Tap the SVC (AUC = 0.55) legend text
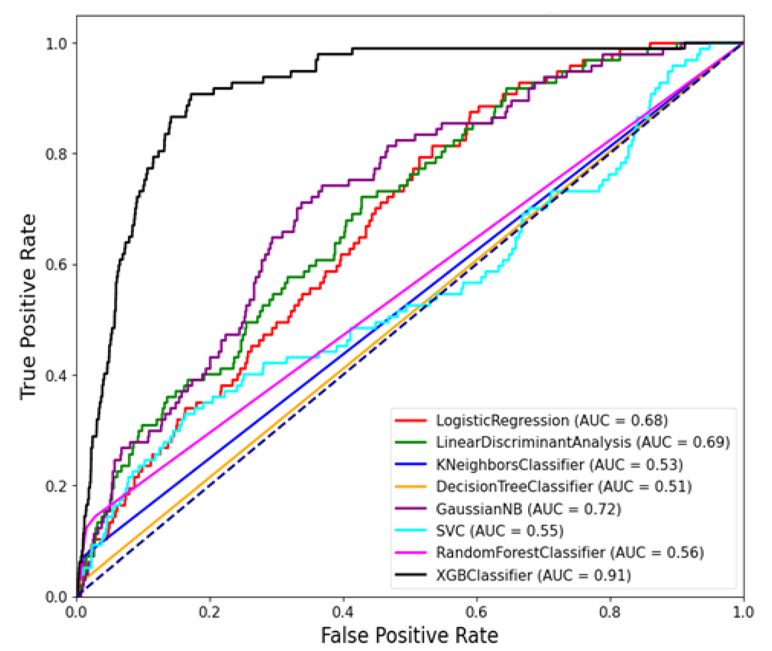point(500,531)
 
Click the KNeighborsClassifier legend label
point(559,465)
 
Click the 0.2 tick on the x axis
point(210,613)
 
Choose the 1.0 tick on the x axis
point(742,613)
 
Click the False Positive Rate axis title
point(410,636)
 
